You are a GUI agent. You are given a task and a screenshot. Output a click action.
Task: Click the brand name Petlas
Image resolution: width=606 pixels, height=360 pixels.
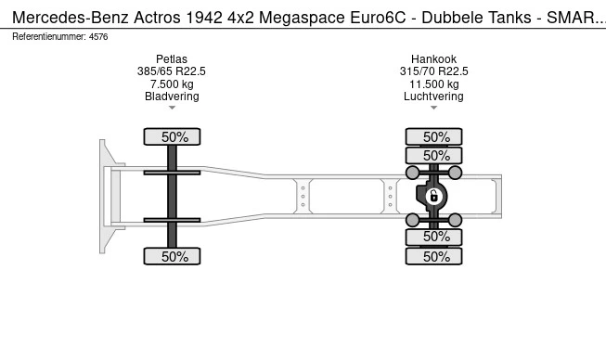(x=172, y=59)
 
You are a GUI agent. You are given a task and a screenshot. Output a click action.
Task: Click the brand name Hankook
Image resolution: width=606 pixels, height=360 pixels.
(x=433, y=59)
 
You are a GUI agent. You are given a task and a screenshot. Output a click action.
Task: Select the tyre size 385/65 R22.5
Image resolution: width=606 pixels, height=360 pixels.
(x=172, y=71)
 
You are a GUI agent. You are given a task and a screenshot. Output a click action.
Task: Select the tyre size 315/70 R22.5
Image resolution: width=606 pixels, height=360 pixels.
(x=433, y=71)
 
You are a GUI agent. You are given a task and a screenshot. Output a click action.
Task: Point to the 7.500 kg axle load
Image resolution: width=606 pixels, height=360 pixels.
(x=172, y=84)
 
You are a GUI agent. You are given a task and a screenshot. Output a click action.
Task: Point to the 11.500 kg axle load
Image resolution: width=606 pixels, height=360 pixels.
(x=433, y=84)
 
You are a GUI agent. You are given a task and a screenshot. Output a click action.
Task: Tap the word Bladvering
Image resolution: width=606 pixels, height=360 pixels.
(x=172, y=96)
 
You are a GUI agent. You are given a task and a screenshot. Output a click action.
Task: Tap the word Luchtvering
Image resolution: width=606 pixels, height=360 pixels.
(x=433, y=96)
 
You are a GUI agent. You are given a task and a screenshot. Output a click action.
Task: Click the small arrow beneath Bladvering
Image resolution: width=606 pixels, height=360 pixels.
(x=172, y=108)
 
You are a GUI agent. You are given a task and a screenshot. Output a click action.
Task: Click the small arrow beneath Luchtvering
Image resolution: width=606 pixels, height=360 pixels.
(x=433, y=108)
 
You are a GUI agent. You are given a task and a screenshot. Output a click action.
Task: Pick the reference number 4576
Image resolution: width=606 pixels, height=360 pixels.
(x=98, y=36)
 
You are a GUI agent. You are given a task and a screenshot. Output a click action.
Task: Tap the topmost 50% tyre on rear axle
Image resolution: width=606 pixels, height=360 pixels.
(x=436, y=136)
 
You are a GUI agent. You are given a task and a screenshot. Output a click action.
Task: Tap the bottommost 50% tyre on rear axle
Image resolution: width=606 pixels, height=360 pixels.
(x=436, y=256)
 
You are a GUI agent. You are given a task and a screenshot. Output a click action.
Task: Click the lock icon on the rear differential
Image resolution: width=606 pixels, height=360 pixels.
(x=432, y=196)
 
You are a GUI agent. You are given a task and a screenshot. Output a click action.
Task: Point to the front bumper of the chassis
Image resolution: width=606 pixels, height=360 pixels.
(x=104, y=196)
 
